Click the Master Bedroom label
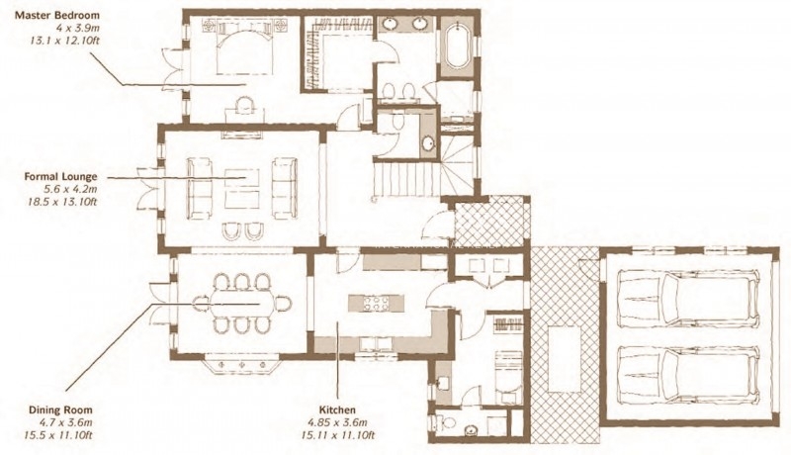point(57,15)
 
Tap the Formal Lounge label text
point(60,177)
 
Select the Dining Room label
point(60,410)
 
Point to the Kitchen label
point(337,410)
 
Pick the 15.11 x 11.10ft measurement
point(337,435)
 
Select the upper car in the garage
point(688,299)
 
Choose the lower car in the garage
point(688,375)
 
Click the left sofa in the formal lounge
point(199,189)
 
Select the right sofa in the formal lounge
point(285,189)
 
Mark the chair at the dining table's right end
point(284,303)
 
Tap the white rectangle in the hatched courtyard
point(565,359)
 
